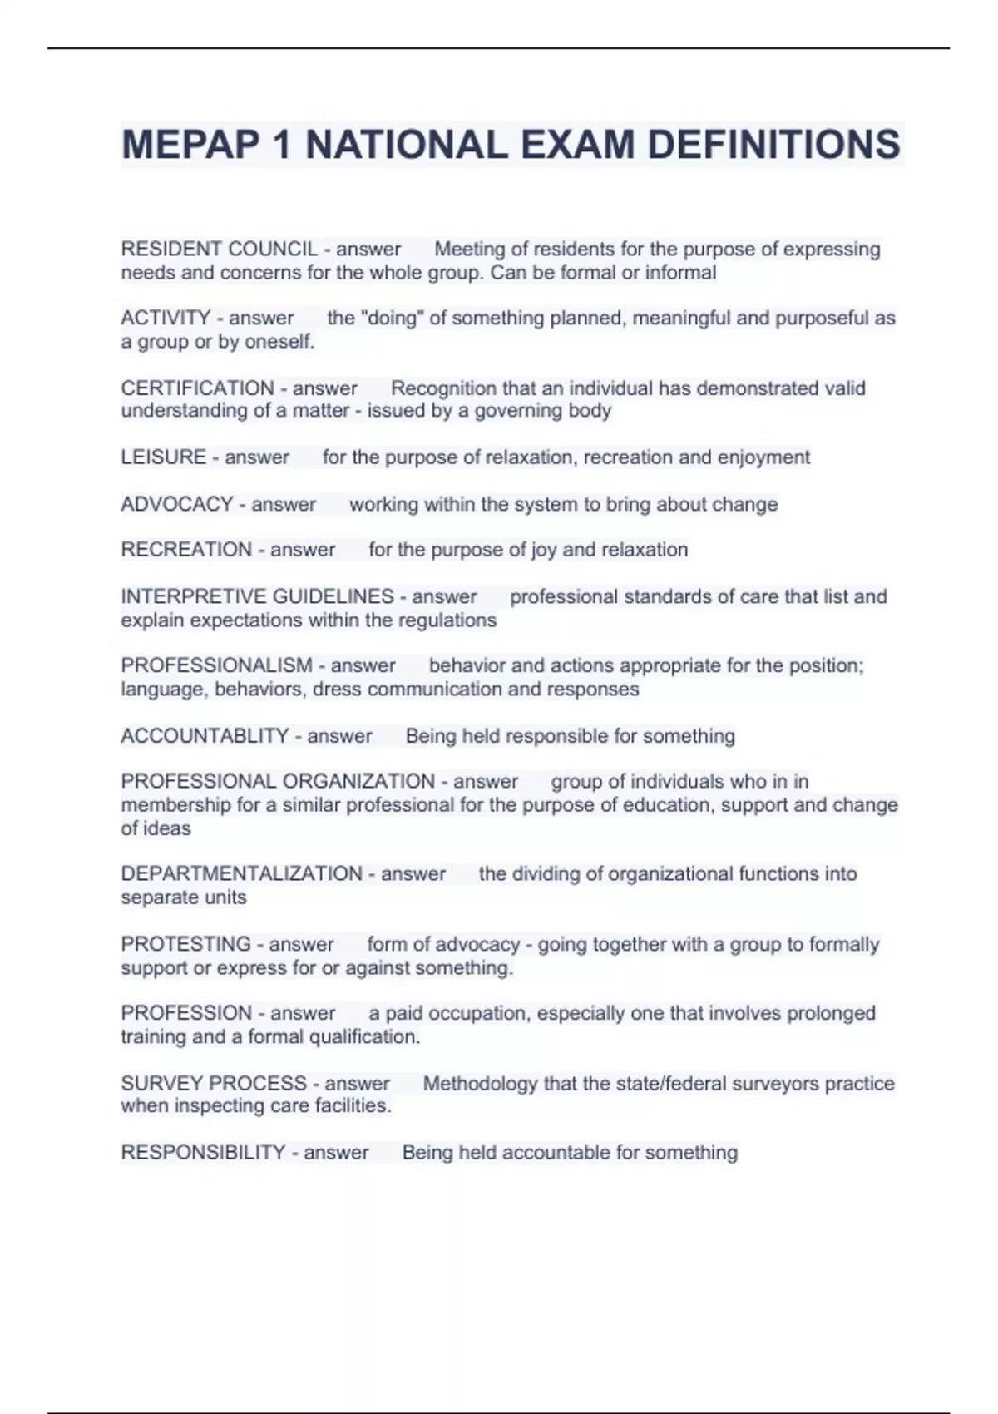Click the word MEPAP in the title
point(190,145)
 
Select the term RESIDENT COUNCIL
point(220,250)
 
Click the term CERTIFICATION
point(197,388)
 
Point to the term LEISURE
point(163,457)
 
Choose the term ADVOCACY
point(176,504)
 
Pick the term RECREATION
point(186,550)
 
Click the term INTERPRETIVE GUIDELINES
point(257,596)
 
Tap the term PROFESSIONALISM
point(216,665)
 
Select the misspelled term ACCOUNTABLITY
point(205,736)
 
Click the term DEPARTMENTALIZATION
point(241,874)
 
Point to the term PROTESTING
point(185,944)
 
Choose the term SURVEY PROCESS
point(214,1084)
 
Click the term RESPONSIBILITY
point(203,1153)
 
